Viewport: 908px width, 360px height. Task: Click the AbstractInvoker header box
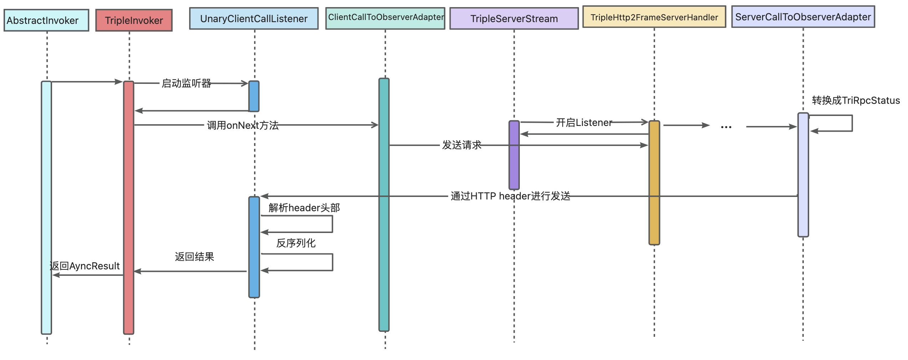point(46,20)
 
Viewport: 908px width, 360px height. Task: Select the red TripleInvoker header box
point(134,20)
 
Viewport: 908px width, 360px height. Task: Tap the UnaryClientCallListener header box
point(254,19)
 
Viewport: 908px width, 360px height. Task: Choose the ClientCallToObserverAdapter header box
point(385,18)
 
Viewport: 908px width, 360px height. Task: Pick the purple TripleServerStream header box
point(514,19)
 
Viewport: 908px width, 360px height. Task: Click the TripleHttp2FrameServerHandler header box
point(654,17)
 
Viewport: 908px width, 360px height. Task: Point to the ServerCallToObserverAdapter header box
point(803,17)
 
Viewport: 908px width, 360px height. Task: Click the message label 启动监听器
point(186,83)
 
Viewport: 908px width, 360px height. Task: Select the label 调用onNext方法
point(243,125)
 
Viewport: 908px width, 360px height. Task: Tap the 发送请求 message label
point(462,145)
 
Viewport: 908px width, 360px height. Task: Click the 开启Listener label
point(584,123)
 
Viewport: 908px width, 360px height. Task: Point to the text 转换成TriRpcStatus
point(856,100)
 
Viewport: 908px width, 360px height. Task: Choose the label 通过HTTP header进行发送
point(510,196)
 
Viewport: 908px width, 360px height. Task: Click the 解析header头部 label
point(304,208)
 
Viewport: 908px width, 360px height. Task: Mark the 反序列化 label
point(296,243)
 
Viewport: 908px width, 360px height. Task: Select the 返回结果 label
point(194,257)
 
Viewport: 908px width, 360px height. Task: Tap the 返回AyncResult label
point(85,266)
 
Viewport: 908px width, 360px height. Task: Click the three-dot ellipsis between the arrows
point(726,127)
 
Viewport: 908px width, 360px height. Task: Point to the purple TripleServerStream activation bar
point(514,155)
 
